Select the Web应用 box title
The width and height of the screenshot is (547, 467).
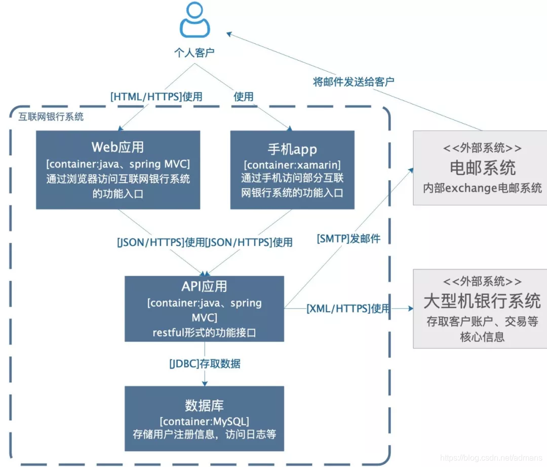pos(118,147)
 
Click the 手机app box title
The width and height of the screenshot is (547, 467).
pos(292,149)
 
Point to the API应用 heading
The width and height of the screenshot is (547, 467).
pos(204,286)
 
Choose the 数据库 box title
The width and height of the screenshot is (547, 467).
pos(204,405)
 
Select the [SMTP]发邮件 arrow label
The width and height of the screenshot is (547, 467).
pos(348,239)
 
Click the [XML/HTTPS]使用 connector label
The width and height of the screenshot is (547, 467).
pos(348,308)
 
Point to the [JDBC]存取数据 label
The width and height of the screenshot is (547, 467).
pos(205,363)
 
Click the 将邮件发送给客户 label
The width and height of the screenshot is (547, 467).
pos(353,81)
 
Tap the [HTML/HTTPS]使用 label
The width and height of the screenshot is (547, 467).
pos(156,97)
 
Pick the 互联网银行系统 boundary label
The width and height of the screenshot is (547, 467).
pos(51,117)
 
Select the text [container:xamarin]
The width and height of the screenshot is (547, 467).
pos(292,165)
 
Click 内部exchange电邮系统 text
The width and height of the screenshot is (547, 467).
pos(482,188)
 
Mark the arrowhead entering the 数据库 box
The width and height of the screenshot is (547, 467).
pos(205,384)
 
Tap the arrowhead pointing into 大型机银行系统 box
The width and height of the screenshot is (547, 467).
pos(410,308)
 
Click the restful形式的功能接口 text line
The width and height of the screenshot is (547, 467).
pos(204,332)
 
